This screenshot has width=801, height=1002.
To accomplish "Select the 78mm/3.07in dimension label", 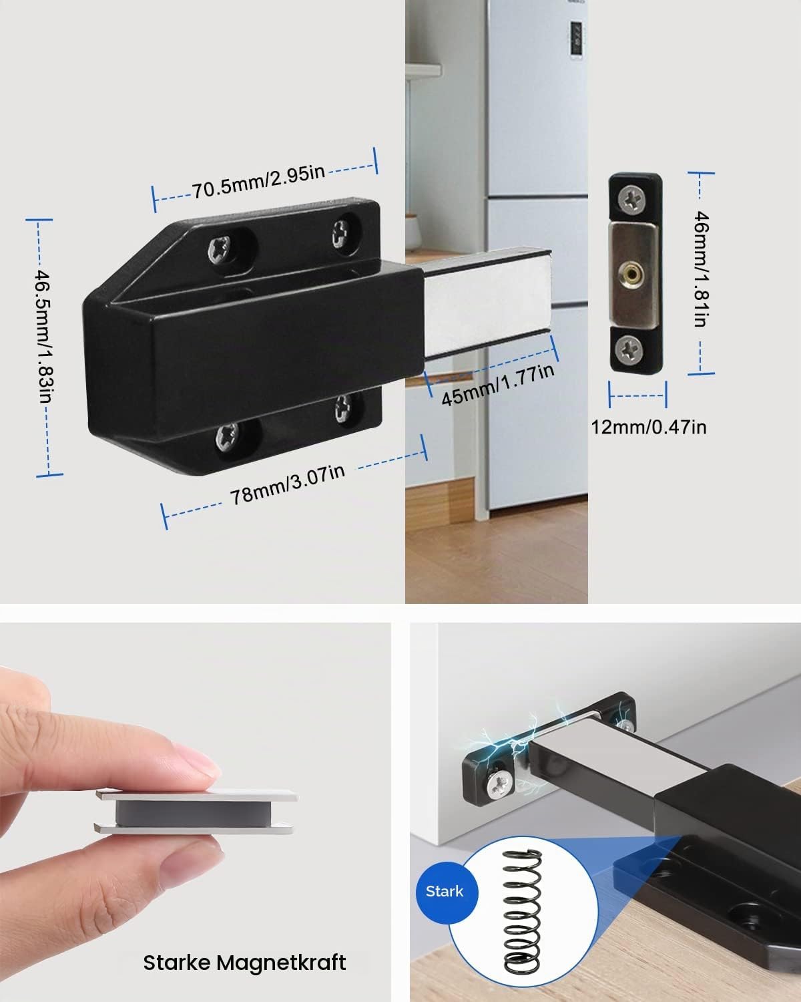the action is coord(288,485).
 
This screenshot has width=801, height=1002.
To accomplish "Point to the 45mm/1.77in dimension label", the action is coord(498,385).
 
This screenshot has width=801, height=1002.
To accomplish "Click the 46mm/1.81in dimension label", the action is coord(702,269).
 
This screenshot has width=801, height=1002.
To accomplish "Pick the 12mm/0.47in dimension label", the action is coord(649,428).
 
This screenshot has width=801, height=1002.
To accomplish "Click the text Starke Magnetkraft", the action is coord(245,963).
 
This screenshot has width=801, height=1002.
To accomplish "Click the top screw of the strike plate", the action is coord(632,198).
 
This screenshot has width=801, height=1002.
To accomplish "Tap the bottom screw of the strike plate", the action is coord(630,348).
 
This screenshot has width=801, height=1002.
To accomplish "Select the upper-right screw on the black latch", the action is coord(341,234).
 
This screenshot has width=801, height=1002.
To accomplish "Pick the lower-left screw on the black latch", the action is coord(228,437).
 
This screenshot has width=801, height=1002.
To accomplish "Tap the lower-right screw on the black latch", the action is coord(344,408).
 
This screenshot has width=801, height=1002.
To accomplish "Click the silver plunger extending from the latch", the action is coord(487,302).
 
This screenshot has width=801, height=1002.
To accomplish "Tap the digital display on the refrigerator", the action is coord(577,40).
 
